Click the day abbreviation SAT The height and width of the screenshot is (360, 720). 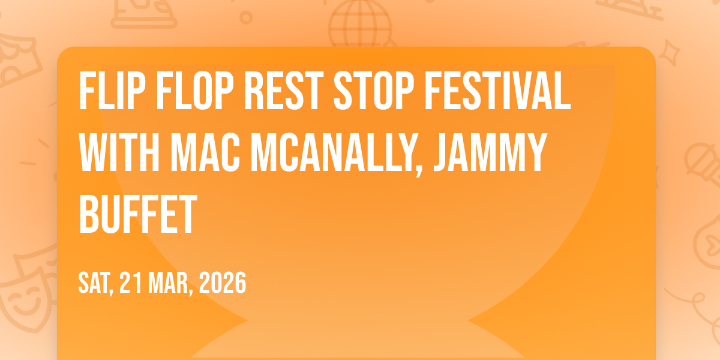[x=95, y=283]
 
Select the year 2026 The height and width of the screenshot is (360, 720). [x=222, y=283]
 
